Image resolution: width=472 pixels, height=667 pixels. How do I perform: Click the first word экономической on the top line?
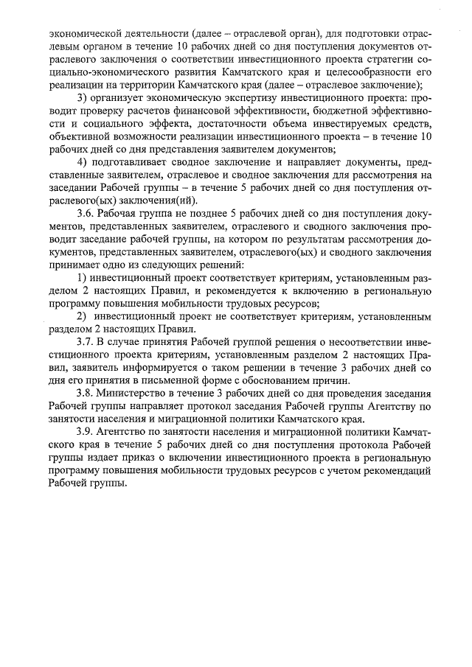point(83,32)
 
